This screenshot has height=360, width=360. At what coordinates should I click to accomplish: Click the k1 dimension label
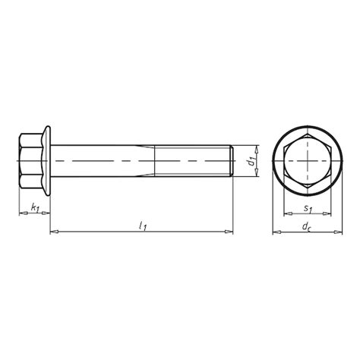tap(35, 207)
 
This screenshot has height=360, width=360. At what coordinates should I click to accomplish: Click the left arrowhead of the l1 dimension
tap(54, 232)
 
